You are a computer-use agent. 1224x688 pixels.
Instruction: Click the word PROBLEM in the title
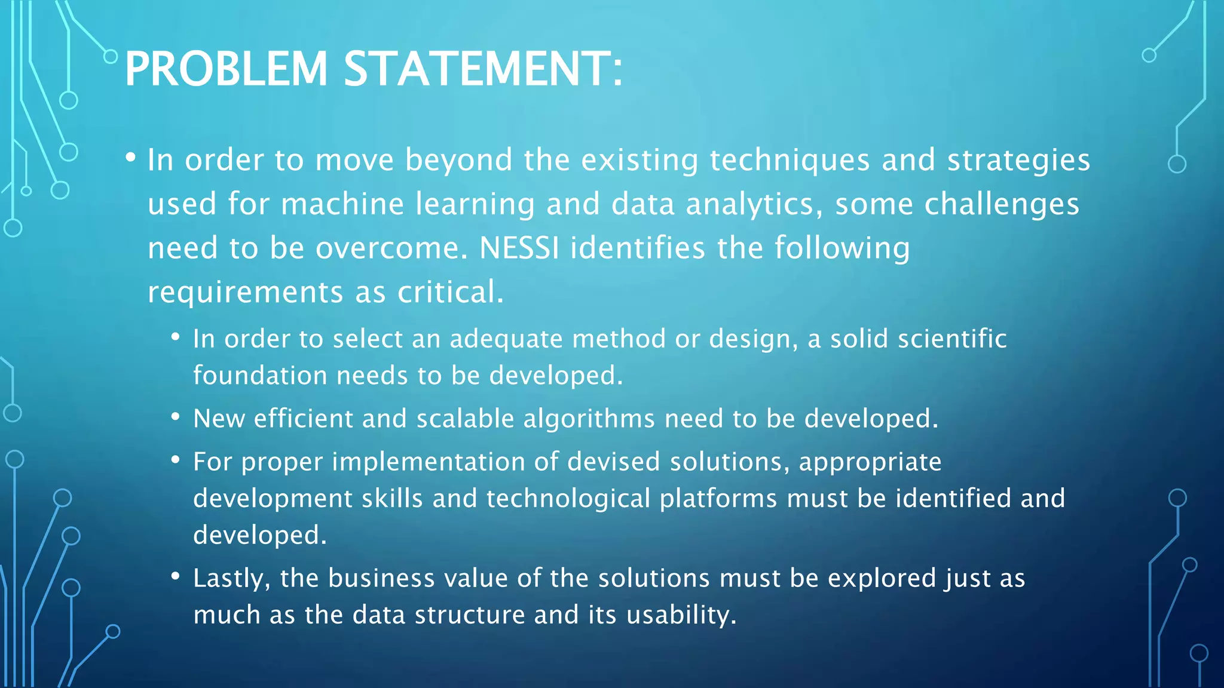click(226, 69)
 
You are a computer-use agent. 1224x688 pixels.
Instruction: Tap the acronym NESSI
click(519, 248)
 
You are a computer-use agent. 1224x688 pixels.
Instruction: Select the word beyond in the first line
click(458, 161)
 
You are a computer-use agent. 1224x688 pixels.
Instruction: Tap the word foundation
click(260, 376)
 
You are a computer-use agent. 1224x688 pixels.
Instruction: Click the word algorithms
click(589, 419)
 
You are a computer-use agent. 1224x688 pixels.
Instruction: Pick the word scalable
click(465, 419)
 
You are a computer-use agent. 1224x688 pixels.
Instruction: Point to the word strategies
click(1018, 161)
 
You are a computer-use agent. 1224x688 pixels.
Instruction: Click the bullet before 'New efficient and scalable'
click(175, 417)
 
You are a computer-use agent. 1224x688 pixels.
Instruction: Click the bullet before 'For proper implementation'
click(175, 460)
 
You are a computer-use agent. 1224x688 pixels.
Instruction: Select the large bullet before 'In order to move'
click(131, 158)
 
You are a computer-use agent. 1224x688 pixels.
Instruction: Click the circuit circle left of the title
click(111, 57)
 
